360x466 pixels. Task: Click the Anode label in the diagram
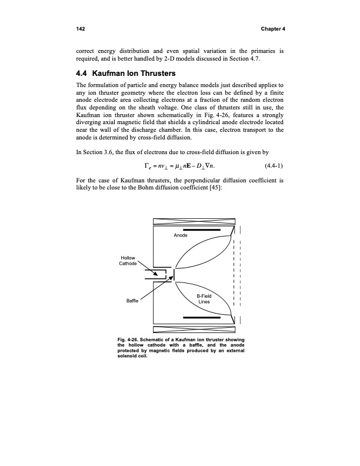(x=181, y=235)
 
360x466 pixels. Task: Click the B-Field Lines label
(x=204, y=298)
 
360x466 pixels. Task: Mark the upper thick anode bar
(x=201, y=230)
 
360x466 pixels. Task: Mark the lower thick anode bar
(x=201, y=317)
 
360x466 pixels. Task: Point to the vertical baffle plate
(x=175, y=275)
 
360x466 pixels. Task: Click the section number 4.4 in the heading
(x=84, y=75)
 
